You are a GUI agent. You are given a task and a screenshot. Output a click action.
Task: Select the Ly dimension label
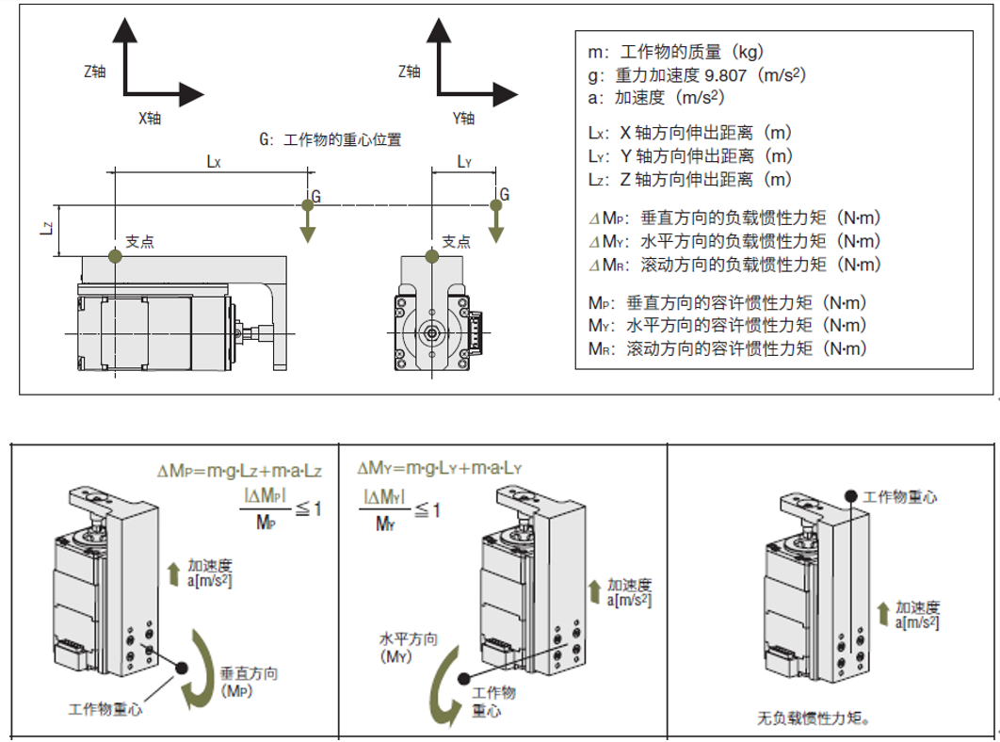463,162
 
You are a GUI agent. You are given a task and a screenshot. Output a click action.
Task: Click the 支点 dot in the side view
115,255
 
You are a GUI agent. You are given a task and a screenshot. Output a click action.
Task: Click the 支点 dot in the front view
431,255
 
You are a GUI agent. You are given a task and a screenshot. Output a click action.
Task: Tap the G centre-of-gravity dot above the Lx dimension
306,205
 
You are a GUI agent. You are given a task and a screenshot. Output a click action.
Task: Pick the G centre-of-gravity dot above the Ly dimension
494,205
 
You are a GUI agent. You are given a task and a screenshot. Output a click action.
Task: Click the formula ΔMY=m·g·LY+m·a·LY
440,468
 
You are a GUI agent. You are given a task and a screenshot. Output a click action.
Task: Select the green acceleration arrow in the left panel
173,572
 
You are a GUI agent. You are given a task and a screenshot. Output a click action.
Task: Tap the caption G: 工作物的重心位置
331,140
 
